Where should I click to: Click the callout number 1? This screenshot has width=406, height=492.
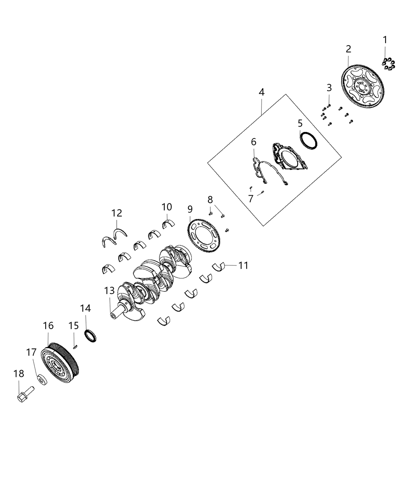tap(385, 40)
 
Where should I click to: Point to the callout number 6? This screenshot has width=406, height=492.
tap(254, 142)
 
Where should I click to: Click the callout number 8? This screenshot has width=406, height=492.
tap(210, 200)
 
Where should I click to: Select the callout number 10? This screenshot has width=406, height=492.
tap(167, 207)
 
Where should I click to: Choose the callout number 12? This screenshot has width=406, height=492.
tap(117, 213)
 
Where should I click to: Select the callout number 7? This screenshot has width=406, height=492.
tap(251, 199)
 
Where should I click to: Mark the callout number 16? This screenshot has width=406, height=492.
tap(48, 326)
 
